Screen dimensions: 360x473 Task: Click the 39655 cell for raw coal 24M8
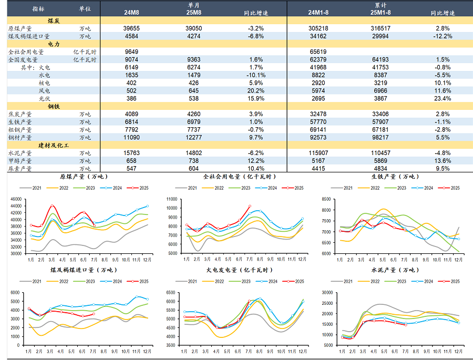131,28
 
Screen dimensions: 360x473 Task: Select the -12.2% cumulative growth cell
443,36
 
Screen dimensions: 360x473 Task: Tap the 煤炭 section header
54,20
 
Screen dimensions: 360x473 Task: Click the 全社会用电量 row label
26,52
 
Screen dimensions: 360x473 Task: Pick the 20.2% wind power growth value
256,91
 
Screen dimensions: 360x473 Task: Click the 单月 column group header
194,4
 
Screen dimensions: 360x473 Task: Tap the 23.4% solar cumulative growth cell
443,99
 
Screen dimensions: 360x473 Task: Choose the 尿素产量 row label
20,169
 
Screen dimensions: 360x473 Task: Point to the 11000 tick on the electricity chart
172,199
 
